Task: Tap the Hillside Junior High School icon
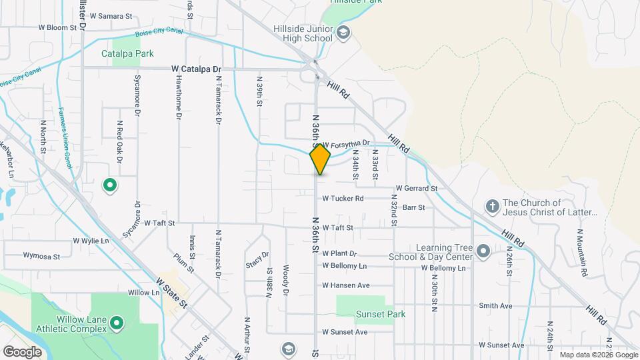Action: [343, 33]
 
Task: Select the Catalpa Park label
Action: [127, 53]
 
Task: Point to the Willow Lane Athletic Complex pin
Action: [117, 324]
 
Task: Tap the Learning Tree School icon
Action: [483, 251]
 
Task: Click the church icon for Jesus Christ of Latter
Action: [492, 207]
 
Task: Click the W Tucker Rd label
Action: [343, 198]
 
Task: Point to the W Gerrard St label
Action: [416, 189]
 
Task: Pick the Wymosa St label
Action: [41, 255]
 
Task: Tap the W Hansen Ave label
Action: [345, 285]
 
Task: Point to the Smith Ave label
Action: [495, 306]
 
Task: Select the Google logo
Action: [22, 351]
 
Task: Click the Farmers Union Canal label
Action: [65, 137]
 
